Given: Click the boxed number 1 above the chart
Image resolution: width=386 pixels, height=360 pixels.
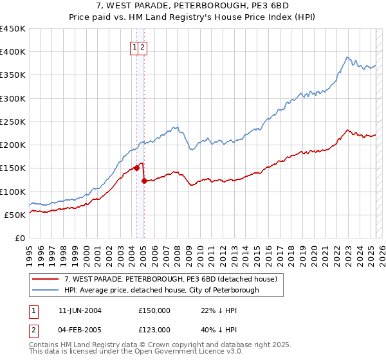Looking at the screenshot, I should (x=135, y=47).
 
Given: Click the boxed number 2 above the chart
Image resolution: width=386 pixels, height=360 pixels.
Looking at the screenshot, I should (x=142, y=47).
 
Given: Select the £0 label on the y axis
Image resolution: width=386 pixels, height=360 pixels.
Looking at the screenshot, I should (x=19, y=238).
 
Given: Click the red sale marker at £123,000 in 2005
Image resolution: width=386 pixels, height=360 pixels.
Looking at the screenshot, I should (x=144, y=181).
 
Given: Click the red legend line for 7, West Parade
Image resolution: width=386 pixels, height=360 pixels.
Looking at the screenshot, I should (x=45, y=279).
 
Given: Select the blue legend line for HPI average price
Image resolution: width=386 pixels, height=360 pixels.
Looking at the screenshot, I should (x=45, y=290).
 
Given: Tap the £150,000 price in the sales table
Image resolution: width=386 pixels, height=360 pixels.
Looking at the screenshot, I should (x=154, y=310).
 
